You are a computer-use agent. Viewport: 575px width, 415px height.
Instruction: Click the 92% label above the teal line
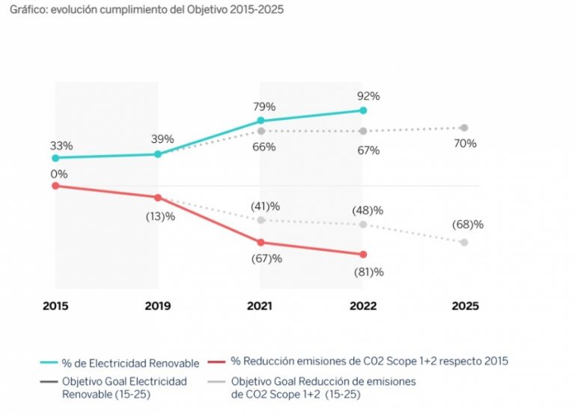368,97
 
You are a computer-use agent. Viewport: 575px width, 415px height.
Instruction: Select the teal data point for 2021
261,120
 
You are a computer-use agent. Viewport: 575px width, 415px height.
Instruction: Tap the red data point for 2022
363,254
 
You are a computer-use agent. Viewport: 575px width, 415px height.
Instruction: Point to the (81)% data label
368,272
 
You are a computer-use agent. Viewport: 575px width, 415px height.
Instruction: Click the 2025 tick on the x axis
464,306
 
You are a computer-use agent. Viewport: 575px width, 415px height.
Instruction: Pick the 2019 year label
157,306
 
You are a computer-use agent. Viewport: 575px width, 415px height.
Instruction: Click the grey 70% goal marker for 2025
464,127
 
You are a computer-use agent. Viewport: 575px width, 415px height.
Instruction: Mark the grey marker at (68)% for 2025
464,242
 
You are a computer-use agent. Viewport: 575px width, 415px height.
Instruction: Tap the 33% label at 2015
61,146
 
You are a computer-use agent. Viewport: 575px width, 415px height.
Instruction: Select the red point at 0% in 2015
55,186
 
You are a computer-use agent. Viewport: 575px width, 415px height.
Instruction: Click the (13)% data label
159,216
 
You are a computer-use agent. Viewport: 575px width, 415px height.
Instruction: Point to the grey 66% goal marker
261,130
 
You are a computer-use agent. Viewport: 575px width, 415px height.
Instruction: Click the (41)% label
265,206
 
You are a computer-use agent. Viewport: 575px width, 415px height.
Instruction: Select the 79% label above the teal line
266,106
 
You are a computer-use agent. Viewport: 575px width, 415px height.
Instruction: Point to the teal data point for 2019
158,154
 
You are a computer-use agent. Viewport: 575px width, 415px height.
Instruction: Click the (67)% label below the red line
267,258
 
